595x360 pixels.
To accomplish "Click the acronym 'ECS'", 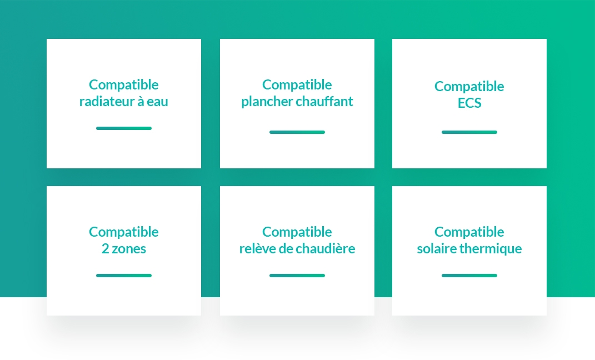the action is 469,103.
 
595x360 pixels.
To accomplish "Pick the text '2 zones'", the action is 124,248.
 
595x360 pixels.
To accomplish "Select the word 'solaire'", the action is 436,248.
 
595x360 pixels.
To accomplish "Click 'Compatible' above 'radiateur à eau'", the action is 124,85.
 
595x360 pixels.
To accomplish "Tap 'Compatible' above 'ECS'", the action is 469,87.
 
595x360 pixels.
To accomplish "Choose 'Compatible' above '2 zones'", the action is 124,232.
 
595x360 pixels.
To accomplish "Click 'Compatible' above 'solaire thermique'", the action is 469,232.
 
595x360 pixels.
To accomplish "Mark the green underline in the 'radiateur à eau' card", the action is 124,128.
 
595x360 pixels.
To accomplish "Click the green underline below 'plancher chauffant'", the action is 297,132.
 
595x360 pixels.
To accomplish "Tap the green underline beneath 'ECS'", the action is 469,132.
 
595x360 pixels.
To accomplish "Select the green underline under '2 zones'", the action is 124,276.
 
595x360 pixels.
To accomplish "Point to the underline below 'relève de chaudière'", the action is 297,276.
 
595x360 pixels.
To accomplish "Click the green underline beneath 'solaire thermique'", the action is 469,276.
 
